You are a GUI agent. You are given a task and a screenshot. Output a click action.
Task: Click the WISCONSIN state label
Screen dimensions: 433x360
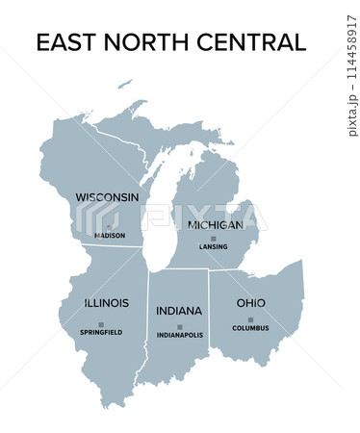click(x=107, y=197)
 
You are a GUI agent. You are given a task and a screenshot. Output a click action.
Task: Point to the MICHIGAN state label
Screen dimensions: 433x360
click(x=216, y=224)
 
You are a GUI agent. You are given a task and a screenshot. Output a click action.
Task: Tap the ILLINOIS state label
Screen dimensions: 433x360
click(x=106, y=303)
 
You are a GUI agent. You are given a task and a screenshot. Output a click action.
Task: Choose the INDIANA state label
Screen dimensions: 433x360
click(x=179, y=311)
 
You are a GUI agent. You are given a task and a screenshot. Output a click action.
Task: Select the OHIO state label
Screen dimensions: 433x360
click(x=250, y=303)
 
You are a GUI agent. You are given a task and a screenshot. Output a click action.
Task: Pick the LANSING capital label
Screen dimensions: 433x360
click(x=214, y=246)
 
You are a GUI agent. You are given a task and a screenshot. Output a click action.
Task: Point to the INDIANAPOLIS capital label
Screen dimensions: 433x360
click(x=180, y=336)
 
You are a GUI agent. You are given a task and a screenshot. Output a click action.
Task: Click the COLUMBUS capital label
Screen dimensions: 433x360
click(x=250, y=328)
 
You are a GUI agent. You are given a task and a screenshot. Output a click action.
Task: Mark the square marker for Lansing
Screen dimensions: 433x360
click(x=214, y=238)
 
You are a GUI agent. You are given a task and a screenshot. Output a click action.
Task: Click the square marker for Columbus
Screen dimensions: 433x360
click(x=250, y=319)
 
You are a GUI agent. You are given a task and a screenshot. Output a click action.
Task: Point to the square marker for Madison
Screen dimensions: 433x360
click(x=94, y=227)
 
